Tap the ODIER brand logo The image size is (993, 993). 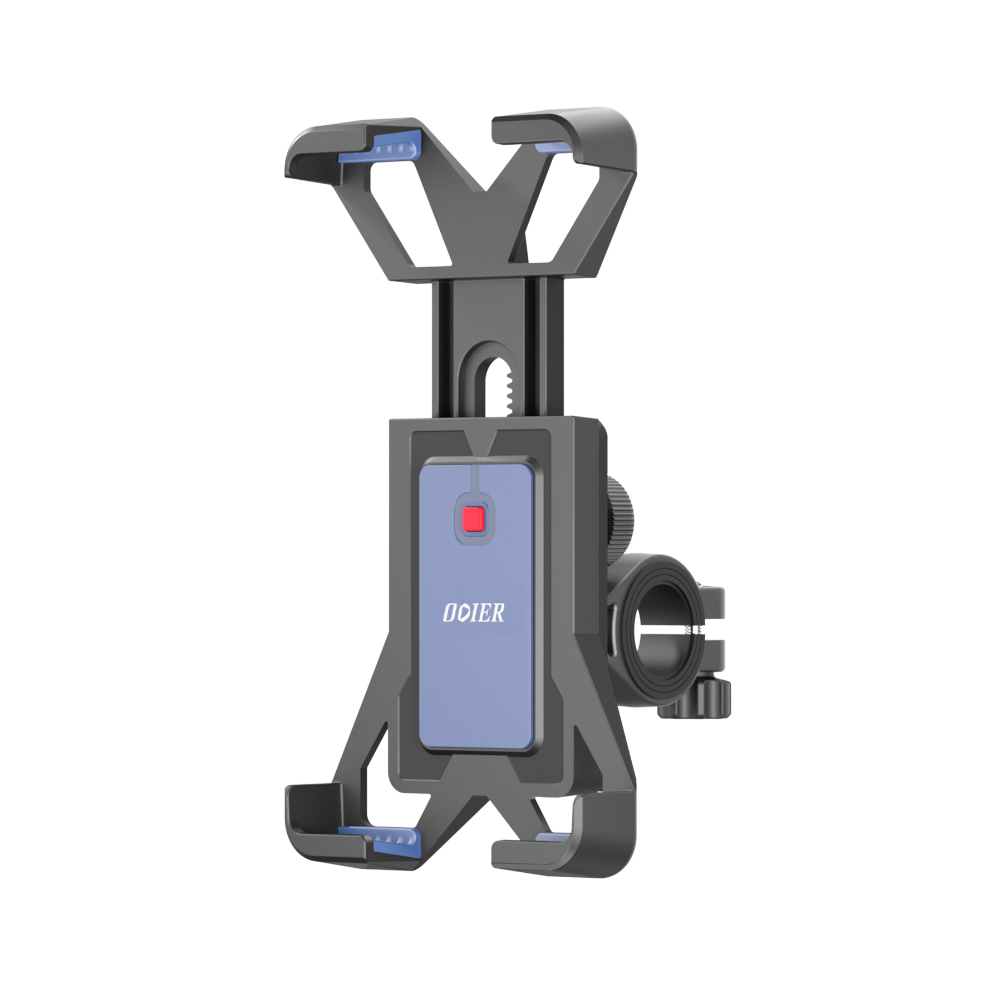tap(474, 613)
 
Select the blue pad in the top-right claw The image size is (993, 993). tap(553, 148)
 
